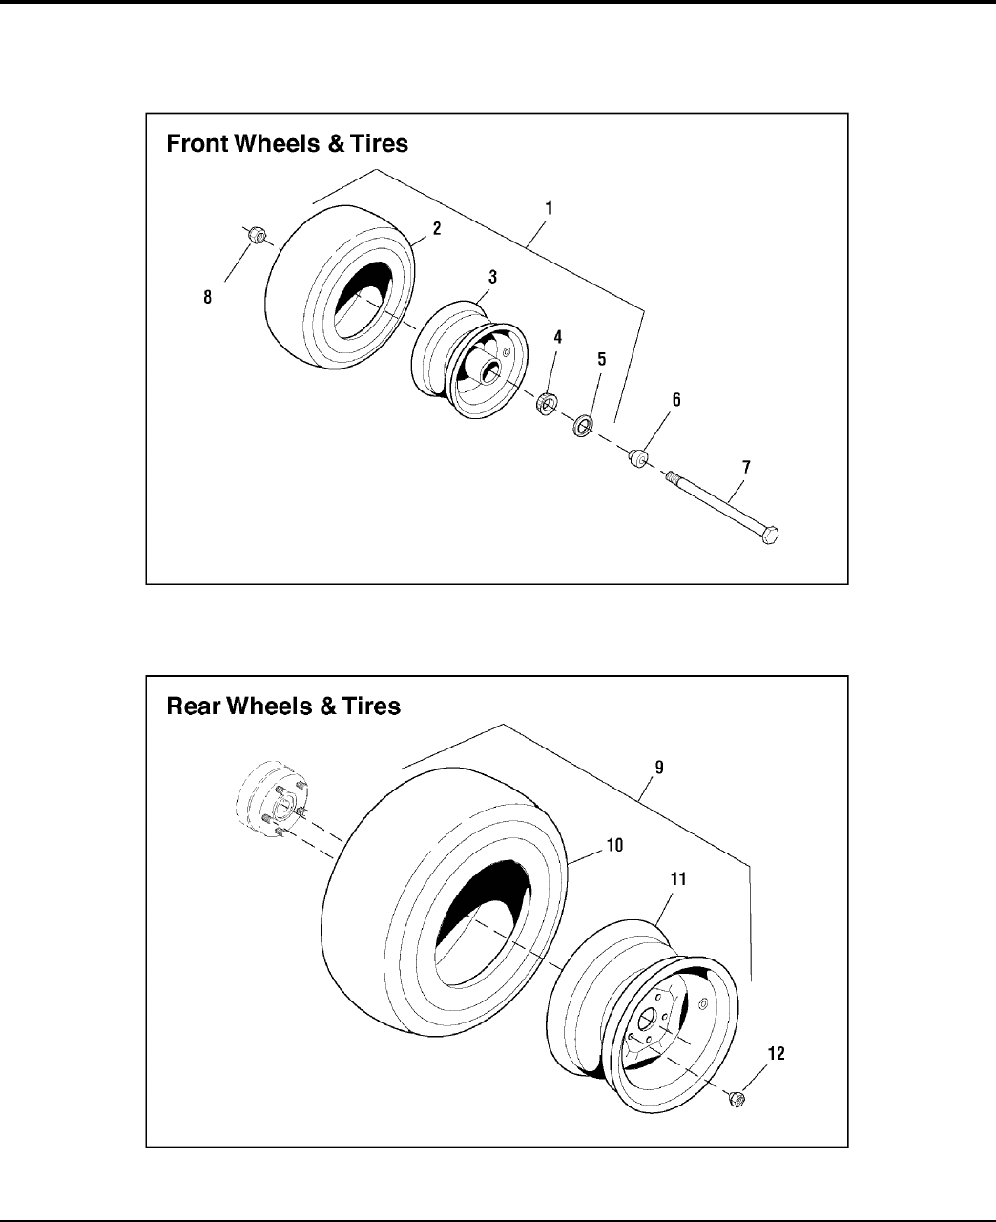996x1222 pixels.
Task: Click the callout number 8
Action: pyautogui.click(x=208, y=297)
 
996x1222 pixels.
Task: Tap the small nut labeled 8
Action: pyautogui.click(x=256, y=235)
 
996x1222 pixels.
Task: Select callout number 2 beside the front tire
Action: pyautogui.click(x=436, y=228)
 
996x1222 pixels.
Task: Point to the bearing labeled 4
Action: pyautogui.click(x=547, y=403)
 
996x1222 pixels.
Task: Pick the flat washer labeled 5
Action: pyautogui.click(x=581, y=424)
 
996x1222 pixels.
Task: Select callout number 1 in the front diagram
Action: pyautogui.click(x=549, y=206)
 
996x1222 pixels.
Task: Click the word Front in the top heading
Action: pyautogui.click(x=198, y=143)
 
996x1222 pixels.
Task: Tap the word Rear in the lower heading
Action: pyautogui.click(x=194, y=706)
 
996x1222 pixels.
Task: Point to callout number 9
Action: pyautogui.click(x=659, y=767)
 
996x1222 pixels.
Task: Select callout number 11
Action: pyautogui.click(x=677, y=878)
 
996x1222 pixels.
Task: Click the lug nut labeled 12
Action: pyautogui.click(x=737, y=1100)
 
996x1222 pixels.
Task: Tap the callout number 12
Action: pyautogui.click(x=776, y=1053)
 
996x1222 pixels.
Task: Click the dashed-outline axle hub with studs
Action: pyautogui.click(x=269, y=800)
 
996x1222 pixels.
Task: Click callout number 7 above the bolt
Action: pyautogui.click(x=746, y=467)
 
